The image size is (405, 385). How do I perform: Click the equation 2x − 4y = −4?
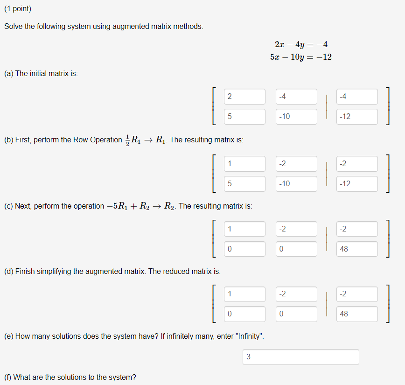click(x=301, y=45)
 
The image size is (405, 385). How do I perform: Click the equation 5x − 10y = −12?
click(x=301, y=57)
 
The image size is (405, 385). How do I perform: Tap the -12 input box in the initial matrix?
click(x=357, y=117)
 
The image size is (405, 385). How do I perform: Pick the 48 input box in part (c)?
click(x=357, y=249)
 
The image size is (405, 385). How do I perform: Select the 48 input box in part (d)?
click(x=357, y=314)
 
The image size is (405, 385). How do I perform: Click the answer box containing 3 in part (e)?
click(x=300, y=357)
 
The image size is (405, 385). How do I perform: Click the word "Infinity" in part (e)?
click(x=251, y=336)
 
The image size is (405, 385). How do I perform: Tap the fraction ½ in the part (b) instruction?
click(x=127, y=140)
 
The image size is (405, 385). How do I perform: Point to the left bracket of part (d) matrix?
click(x=213, y=304)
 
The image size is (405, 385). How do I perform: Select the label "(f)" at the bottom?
click(x=8, y=377)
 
